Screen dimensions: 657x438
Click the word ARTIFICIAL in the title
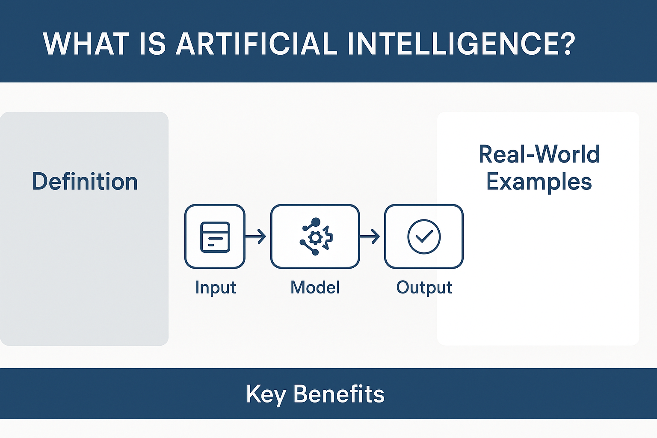pos(256,44)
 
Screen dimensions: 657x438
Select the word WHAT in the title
pos(86,44)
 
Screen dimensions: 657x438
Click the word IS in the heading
pos(153,44)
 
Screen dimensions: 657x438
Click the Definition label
pos(85,181)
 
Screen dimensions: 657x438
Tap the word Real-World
pos(539,154)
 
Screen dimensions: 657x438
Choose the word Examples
pos(539,182)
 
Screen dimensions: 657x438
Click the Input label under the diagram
pos(216,288)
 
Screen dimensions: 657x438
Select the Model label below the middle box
pos(315,287)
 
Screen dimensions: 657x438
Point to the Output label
pos(424,288)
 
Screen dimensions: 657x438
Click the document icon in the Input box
pos(215,237)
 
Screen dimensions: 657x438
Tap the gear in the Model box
pos(316,238)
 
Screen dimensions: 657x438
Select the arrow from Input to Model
pos(255,236)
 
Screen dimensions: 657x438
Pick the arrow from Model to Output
pos(370,236)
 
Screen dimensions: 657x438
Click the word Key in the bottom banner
pos(266,394)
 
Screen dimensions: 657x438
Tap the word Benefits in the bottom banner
pos(339,394)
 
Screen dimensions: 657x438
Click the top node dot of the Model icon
pos(316,222)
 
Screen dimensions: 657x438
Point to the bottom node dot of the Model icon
pos(315,252)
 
